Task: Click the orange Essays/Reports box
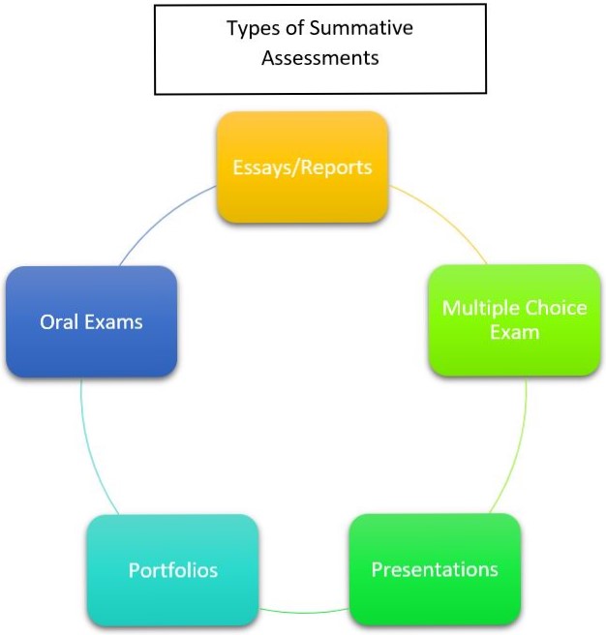pyautogui.click(x=302, y=167)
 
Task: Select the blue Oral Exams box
pyautogui.click(x=91, y=321)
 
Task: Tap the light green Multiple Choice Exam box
pyautogui.click(x=514, y=319)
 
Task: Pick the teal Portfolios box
pyautogui.click(x=172, y=569)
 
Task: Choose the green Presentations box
pyautogui.click(x=435, y=568)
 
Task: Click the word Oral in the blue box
pyautogui.click(x=57, y=322)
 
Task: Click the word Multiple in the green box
pyautogui.click(x=477, y=308)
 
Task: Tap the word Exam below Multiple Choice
pyautogui.click(x=514, y=332)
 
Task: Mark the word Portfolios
pyautogui.click(x=172, y=570)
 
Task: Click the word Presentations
pyautogui.click(x=435, y=568)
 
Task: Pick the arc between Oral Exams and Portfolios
pyautogui.click(x=91, y=445)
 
